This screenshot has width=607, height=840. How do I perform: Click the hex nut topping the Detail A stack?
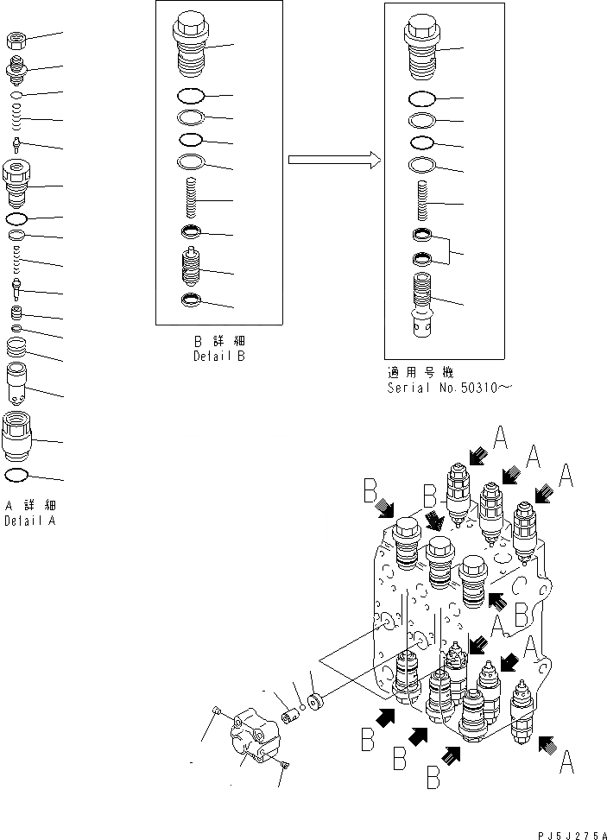click(x=17, y=39)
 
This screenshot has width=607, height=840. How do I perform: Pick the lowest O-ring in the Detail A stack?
click(x=17, y=474)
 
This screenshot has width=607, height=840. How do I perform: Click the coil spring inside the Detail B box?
click(x=192, y=199)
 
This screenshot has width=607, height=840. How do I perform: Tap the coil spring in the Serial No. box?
click(x=423, y=202)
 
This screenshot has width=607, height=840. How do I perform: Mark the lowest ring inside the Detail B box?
click(x=191, y=300)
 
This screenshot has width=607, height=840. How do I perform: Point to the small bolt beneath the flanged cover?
click(x=285, y=762)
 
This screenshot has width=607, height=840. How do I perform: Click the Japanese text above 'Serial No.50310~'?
click(x=418, y=373)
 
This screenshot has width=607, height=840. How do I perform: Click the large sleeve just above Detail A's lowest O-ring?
click(x=18, y=435)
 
